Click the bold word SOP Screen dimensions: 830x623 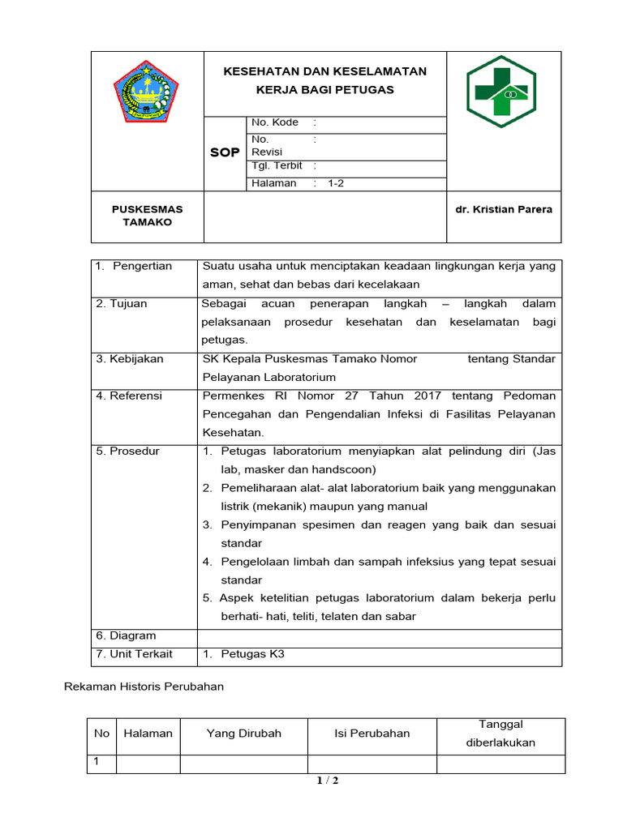click(x=225, y=152)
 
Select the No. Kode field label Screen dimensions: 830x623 click(x=275, y=122)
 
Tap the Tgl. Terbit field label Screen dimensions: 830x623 click(x=277, y=165)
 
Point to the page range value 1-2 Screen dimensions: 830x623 click(x=336, y=183)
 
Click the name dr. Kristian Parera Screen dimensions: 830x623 click(x=503, y=209)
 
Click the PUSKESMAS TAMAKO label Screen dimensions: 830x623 click(x=147, y=216)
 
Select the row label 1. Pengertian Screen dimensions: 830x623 click(x=134, y=267)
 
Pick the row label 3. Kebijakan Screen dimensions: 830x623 click(x=130, y=359)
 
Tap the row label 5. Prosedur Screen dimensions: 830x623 click(x=127, y=451)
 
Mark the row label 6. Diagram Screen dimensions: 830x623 click(x=126, y=636)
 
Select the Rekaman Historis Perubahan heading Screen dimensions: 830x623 click(x=144, y=687)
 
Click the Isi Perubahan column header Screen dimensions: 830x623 click(x=372, y=734)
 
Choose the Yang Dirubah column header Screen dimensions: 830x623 click(x=243, y=734)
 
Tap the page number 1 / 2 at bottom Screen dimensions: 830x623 click(x=327, y=781)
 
